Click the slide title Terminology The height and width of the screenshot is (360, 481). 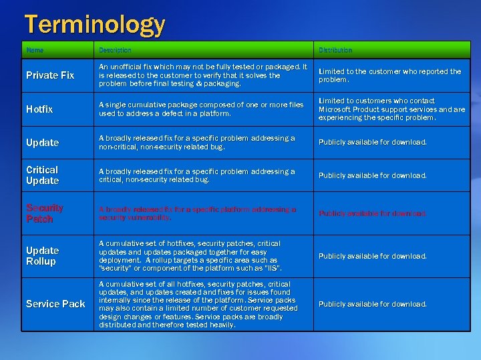click(x=94, y=25)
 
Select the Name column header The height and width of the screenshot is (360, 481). click(x=35, y=50)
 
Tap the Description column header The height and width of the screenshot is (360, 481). click(x=115, y=50)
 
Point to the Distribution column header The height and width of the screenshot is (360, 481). click(x=335, y=50)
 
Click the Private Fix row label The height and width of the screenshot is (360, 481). click(x=50, y=75)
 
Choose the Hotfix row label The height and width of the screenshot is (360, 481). click(x=39, y=109)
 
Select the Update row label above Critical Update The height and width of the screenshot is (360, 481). click(x=42, y=143)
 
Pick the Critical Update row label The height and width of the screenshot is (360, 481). click(x=42, y=175)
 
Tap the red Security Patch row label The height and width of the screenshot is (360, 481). click(x=45, y=213)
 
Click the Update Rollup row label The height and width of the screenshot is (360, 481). click(x=42, y=256)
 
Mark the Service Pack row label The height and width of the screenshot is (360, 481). click(x=55, y=304)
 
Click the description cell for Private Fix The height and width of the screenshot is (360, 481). click(x=202, y=75)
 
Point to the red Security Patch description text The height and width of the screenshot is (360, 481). click(x=197, y=213)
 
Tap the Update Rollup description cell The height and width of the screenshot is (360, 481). click(x=190, y=256)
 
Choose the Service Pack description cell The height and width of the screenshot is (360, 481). click(x=198, y=304)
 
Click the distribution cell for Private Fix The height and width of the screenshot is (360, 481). click(x=389, y=75)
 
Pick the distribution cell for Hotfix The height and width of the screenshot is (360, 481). click(x=391, y=109)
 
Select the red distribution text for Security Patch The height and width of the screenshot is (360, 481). click(x=372, y=214)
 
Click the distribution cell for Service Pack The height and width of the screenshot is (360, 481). click(x=372, y=304)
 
